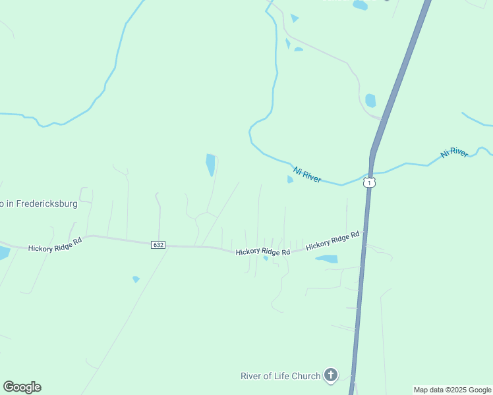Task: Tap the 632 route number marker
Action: (x=158, y=244)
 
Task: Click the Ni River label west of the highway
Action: (x=307, y=174)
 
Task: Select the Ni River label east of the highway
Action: (x=454, y=153)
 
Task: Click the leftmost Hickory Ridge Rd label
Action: (x=55, y=244)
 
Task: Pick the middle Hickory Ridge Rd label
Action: (x=263, y=251)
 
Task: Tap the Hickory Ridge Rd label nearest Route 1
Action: (x=332, y=240)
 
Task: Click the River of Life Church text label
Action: (x=280, y=376)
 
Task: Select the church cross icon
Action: (x=330, y=376)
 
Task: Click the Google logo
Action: (x=22, y=387)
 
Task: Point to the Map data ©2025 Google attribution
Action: (x=452, y=390)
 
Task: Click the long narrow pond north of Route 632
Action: (x=210, y=165)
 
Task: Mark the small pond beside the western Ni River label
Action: (x=290, y=180)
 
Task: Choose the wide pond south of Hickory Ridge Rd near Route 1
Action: (x=328, y=259)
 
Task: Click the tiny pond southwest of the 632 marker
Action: (x=136, y=279)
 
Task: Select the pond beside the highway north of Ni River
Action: (x=370, y=101)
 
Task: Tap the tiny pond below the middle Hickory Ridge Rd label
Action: (x=266, y=258)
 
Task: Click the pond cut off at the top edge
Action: (x=360, y=5)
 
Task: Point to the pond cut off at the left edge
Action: (x=3, y=252)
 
